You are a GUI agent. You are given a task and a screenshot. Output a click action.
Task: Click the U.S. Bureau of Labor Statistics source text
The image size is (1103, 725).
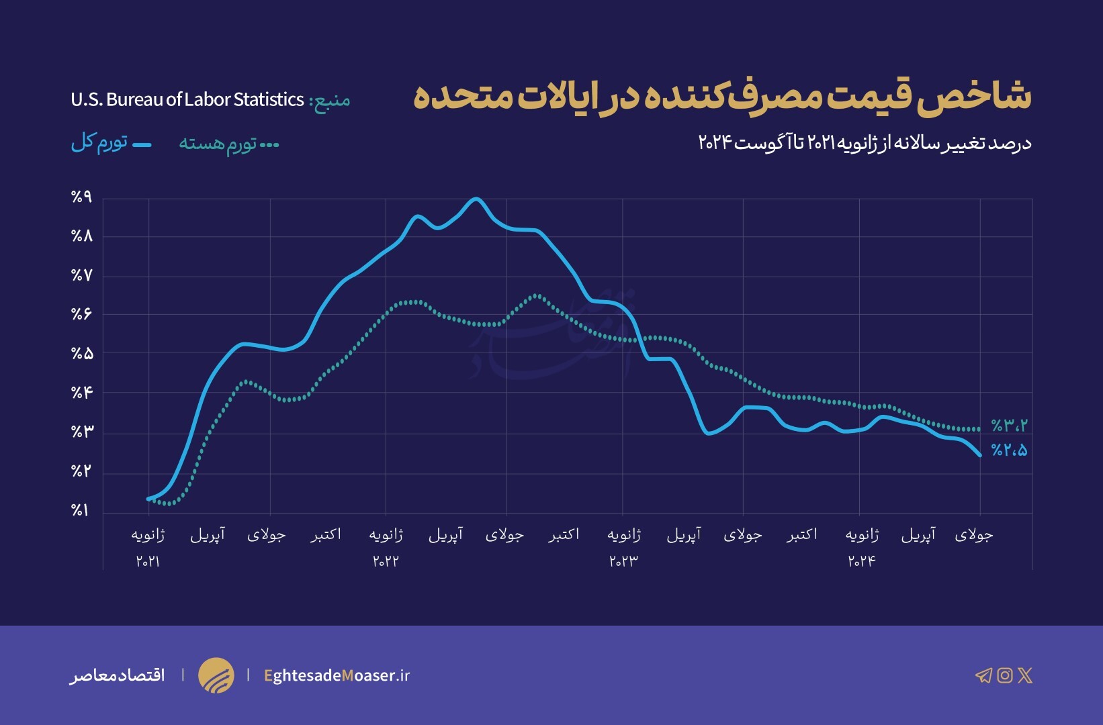187,100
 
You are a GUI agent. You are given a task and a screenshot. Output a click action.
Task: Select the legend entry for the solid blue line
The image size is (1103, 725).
111,143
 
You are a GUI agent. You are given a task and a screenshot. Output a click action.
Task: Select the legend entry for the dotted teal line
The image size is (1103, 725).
228,144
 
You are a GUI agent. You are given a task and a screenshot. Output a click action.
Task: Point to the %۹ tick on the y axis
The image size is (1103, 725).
81,197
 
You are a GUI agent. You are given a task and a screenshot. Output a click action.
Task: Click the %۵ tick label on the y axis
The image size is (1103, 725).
81,354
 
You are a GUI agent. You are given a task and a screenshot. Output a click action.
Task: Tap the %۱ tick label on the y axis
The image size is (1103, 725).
80,511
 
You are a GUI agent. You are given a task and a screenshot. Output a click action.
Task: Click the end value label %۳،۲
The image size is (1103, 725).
1009,426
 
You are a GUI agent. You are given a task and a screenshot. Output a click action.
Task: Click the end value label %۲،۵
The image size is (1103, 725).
1009,451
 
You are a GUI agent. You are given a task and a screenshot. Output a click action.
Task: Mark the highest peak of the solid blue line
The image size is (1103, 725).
476,199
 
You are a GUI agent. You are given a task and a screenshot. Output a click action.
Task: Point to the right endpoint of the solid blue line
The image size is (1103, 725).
980,455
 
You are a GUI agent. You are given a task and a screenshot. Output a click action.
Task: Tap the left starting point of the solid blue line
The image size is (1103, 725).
148,499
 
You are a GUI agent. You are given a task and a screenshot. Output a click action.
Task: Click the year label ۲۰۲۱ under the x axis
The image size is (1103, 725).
148,561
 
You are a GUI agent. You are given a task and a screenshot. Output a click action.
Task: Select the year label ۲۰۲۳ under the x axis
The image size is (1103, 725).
623,561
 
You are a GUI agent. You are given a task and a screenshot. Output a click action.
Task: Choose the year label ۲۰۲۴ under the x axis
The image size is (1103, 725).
861,561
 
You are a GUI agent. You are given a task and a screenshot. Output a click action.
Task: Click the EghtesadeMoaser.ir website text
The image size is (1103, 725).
337,675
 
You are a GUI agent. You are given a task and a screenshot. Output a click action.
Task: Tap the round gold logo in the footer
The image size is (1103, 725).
216,675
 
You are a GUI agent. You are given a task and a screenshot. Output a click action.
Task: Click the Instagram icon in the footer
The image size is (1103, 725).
1004,675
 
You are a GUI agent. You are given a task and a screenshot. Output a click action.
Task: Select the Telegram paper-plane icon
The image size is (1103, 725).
983,675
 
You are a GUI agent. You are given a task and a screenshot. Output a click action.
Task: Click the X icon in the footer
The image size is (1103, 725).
1025,675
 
